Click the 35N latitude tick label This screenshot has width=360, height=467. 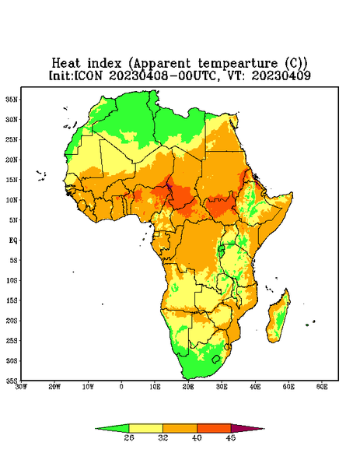[x=12, y=99]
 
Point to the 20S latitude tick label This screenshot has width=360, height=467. [x=12, y=321]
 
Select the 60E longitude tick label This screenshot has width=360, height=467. [x=322, y=387]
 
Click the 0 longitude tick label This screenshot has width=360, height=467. [x=121, y=387]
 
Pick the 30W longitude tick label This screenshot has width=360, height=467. [x=21, y=387]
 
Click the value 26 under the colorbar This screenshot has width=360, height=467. [x=129, y=437]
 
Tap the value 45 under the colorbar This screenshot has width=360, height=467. [x=231, y=437]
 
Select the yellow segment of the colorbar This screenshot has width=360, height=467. [x=145, y=428]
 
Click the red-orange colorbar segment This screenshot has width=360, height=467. [x=214, y=428]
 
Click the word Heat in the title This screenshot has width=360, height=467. [x=66, y=64]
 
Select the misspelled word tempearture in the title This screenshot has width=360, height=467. [x=238, y=64]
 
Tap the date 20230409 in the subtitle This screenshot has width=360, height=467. [x=281, y=75]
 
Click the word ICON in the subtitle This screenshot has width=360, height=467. [x=89, y=75]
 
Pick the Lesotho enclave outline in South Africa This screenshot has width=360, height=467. [x=216, y=359]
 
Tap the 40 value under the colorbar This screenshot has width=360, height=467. [x=197, y=437]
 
